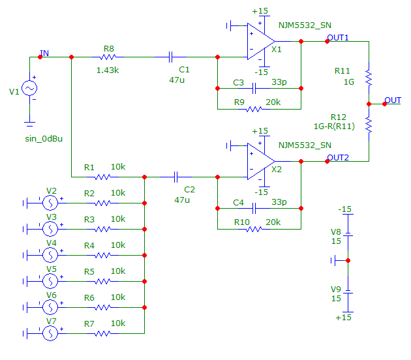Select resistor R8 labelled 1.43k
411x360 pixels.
pyautogui.click(x=109, y=57)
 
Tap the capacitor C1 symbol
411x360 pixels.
pyautogui.click(x=172, y=57)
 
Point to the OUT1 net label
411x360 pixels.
pyautogui.click(x=339, y=37)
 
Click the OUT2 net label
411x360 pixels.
pyautogui.click(x=339, y=157)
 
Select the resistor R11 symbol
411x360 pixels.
pyautogui.click(x=369, y=78)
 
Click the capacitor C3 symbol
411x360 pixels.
pyautogui.click(x=254, y=89)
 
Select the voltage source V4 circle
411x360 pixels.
pyautogui.click(x=50, y=255)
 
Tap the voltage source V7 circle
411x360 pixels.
pyautogui.click(x=50, y=333)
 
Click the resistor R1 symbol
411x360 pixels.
pyautogui.click(x=103, y=176)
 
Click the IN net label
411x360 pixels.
pyautogui.click(x=44, y=53)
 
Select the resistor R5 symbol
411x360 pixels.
pyautogui.click(x=103, y=281)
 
